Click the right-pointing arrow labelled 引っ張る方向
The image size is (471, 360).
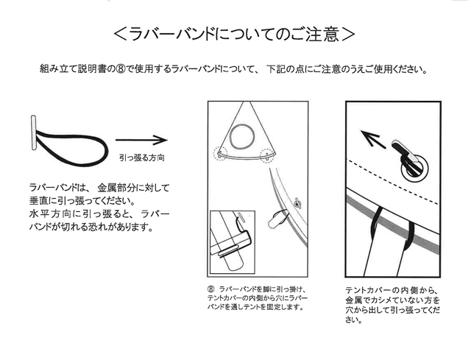point(141,140)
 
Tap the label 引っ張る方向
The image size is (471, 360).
point(142,158)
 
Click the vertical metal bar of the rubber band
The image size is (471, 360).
point(33,133)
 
